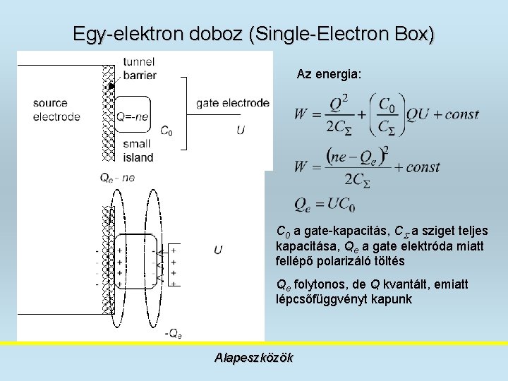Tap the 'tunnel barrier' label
pos(139,68)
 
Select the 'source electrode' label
pos(56,110)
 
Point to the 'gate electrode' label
pos(232,103)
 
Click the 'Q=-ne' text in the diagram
pos(132,117)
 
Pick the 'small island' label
pos(136,150)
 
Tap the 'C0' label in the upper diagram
pos(167,131)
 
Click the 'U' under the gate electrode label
pos(241,130)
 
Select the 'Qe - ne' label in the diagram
pos(117,179)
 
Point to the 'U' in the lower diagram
pos(218,250)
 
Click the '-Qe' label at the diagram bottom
pos(173,333)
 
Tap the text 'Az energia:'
pos(329,74)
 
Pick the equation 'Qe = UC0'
pos(325,205)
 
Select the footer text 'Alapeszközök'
pos(253,358)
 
